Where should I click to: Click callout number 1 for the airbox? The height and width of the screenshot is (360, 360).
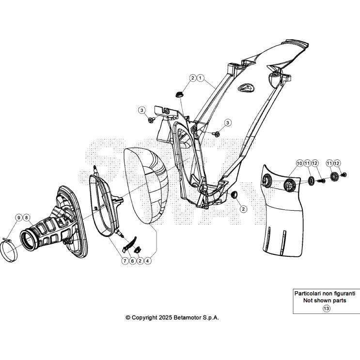point(201,78)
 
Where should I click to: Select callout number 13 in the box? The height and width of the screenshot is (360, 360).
point(326,309)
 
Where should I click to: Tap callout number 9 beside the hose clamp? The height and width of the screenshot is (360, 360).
point(18,218)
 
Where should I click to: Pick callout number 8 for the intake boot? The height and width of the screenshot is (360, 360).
point(26,218)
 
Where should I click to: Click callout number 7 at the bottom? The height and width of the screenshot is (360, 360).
point(125,261)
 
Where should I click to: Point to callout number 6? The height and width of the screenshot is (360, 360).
point(132,261)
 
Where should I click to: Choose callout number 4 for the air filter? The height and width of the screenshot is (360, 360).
point(148,261)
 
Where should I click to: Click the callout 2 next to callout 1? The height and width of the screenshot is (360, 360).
point(193,78)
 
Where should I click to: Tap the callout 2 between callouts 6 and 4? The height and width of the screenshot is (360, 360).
point(140,261)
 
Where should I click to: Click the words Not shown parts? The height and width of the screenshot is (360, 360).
point(326,300)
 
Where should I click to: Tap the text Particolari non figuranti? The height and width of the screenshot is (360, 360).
point(326,294)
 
